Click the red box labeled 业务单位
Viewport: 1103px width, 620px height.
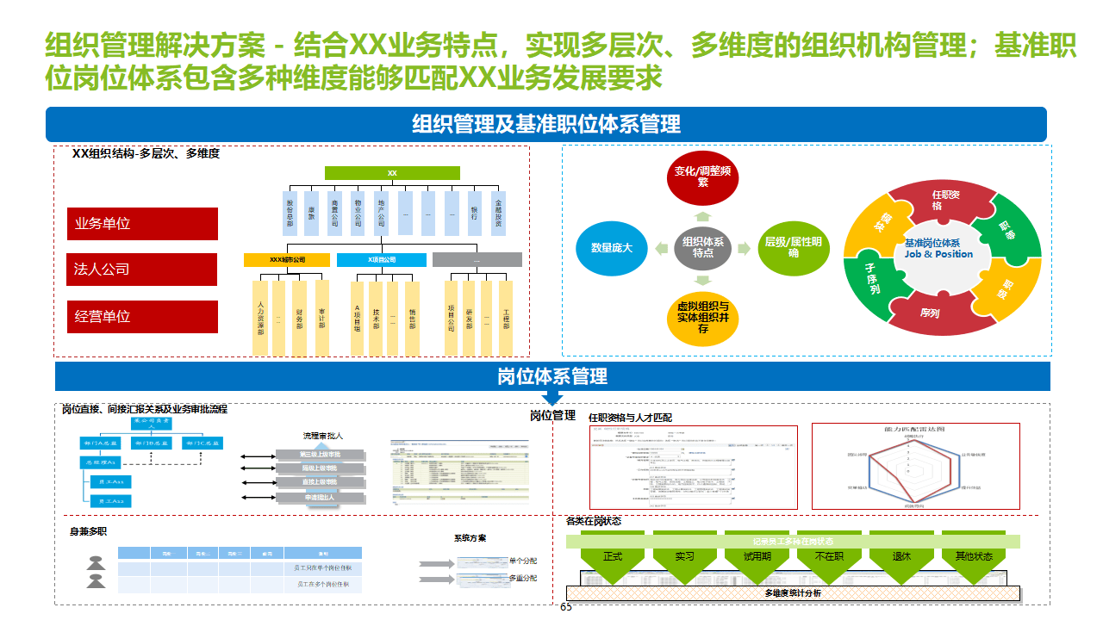pyautogui.click(x=142, y=224)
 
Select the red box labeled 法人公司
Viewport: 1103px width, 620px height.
pyautogui.click(x=142, y=270)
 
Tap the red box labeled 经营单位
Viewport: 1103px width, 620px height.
pyautogui.click(x=142, y=316)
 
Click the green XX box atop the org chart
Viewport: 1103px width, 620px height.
pyautogui.click(x=392, y=173)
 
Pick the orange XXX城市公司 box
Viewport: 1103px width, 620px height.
pyautogui.click(x=287, y=259)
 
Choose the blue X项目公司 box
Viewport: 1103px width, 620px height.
pyautogui.click(x=381, y=259)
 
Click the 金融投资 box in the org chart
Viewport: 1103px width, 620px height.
pyautogui.click(x=498, y=212)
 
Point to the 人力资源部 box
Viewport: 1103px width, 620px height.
pyautogui.click(x=260, y=317)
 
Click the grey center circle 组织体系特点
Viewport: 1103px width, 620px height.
pyautogui.click(x=703, y=248)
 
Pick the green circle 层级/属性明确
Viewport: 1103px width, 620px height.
pyautogui.click(x=793, y=248)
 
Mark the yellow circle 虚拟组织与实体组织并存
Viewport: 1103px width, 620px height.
pyautogui.click(x=703, y=317)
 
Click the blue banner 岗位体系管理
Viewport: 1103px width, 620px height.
pyautogui.click(x=552, y=376)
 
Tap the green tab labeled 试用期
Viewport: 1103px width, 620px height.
pyautogui.click(x=757, y=556)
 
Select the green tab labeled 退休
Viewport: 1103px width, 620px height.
pyautogui.click(x=901, y=556)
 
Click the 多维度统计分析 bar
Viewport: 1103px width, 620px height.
pyautogui.click(x=793, y=593)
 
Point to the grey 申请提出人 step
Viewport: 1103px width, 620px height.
pyautogui.click(x=321, y=498)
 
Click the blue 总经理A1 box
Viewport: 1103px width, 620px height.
pyautogui.click(x=100, y=462)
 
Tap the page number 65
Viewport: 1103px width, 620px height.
pyautogui.click(x=566, y=608)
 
